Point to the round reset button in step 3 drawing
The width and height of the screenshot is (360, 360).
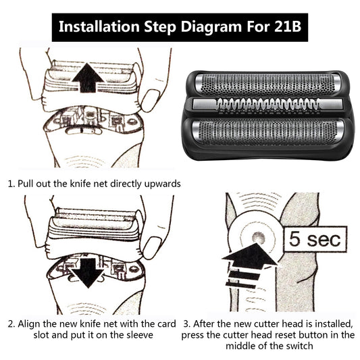(257, 237)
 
